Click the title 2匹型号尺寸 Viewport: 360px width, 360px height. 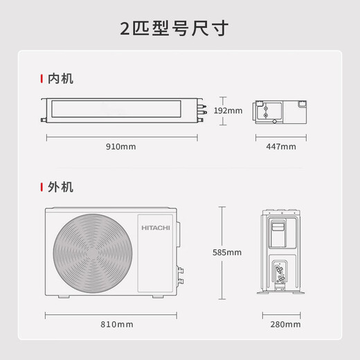point(180,29)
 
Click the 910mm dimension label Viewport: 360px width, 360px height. point(122,147)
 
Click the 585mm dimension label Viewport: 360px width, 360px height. point(227,252)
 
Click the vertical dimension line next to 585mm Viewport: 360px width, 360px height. point(221,252)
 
